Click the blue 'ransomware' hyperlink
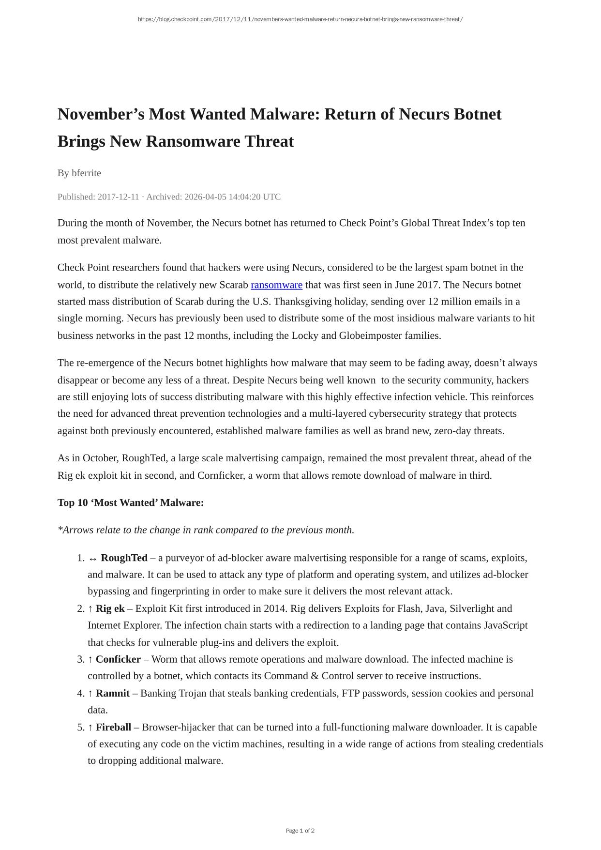276,285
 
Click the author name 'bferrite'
86,173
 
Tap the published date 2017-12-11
118,197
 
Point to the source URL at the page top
300,19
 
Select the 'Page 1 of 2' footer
300,831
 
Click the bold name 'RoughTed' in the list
124,558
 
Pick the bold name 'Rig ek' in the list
110,608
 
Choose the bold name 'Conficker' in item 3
118,659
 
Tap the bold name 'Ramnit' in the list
112,693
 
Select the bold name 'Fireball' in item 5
113,727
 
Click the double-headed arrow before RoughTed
93,558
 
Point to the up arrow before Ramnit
90,693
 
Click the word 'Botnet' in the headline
478,114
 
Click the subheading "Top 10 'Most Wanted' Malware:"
131,502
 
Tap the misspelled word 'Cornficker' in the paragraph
220,475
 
